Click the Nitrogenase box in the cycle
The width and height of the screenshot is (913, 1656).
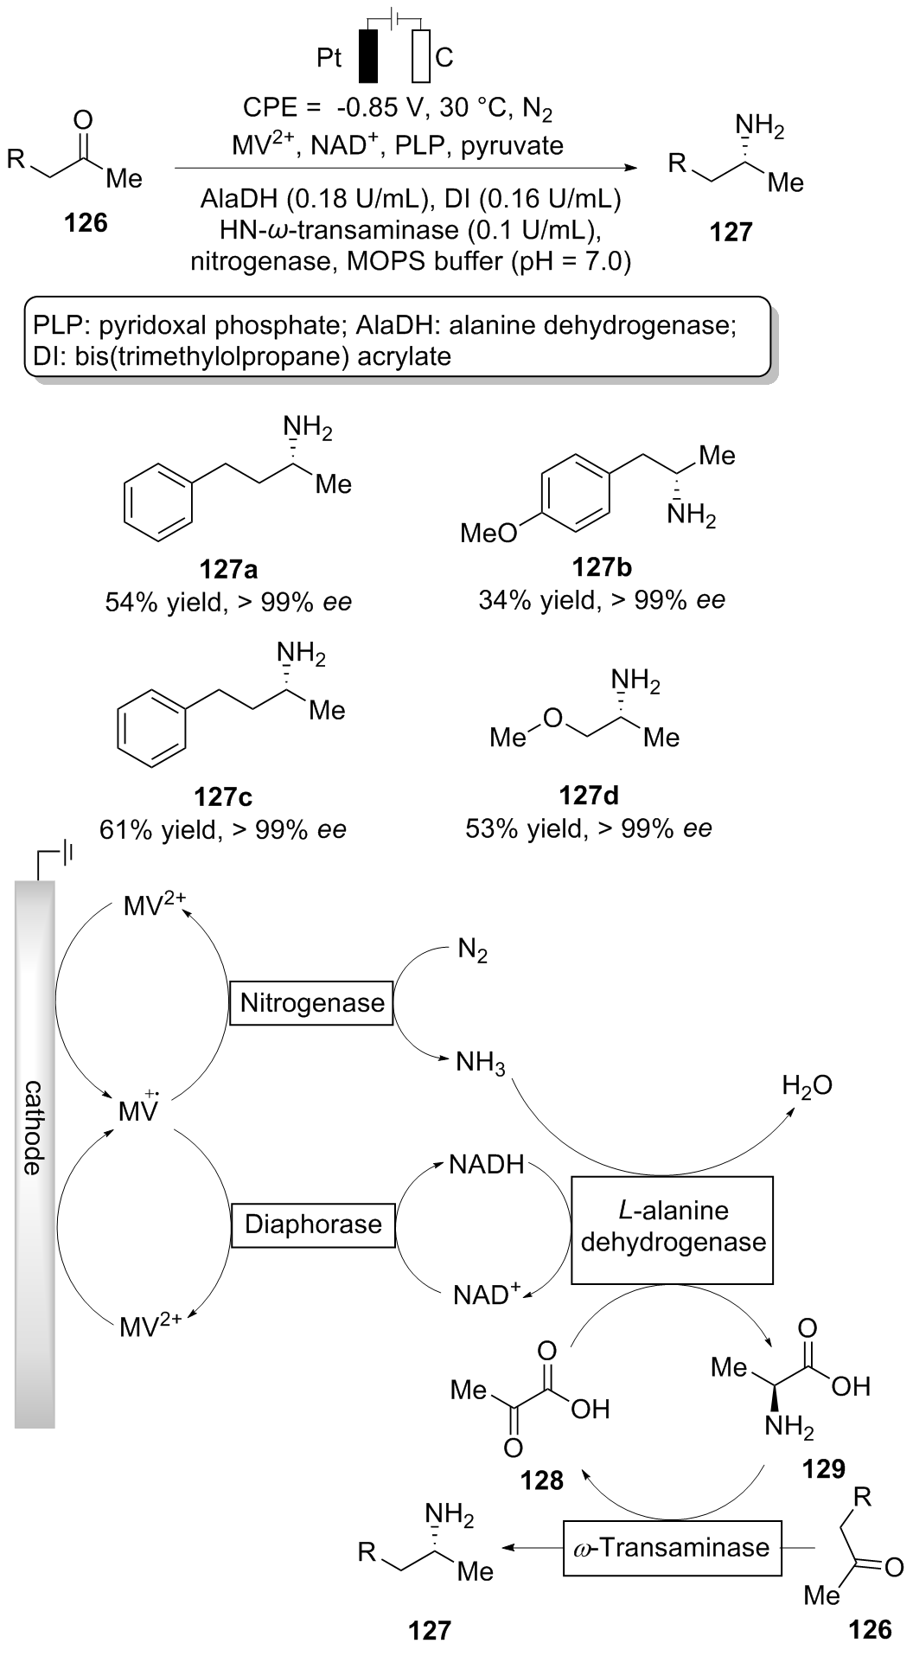tap(312, 1003)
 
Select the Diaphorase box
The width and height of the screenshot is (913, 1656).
tap(313, 1224)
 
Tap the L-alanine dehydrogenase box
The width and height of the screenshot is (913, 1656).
tap(673, 1228)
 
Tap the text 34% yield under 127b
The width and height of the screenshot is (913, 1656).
tap(531, 599)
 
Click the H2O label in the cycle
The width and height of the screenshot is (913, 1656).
tap(808, 1086)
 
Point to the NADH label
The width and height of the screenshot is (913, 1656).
tap(487, 1165)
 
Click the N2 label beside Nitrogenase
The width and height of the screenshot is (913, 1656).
tap(472, 953)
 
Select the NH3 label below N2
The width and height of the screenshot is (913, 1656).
tap(480, 1063)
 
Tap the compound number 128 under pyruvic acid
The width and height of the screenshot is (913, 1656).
tap(542, 1480)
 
